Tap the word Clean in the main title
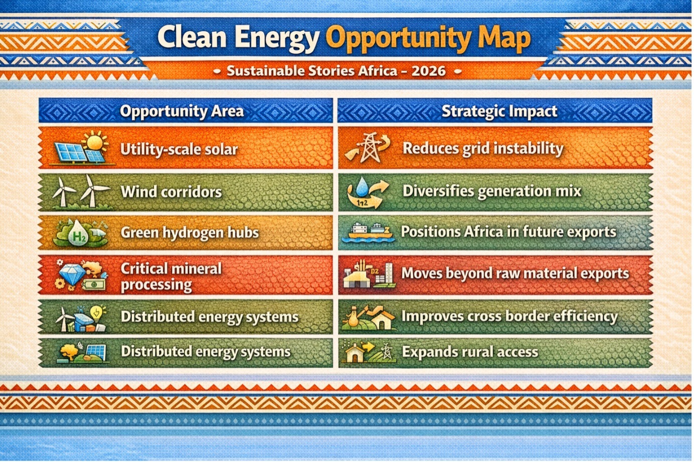click(193, 37)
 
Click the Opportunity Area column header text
click(182, 111)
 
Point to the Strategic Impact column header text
click(499, 111)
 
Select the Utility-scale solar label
click(179, 149)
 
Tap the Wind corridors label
click(171, 192)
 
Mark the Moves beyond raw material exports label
click(515, 274)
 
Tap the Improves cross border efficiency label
click(509, 317)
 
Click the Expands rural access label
click(470, 352)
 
